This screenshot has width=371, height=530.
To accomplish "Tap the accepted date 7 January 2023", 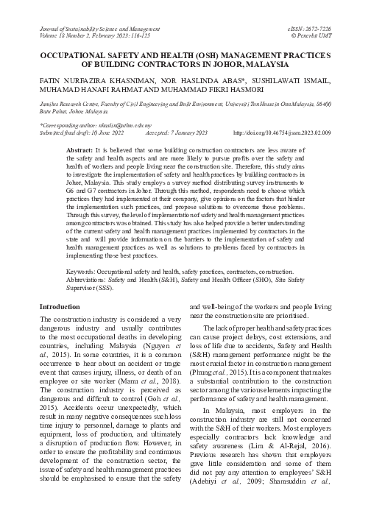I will (x=195, y=133).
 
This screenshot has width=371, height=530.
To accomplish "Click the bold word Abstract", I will (x=79, y=149).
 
